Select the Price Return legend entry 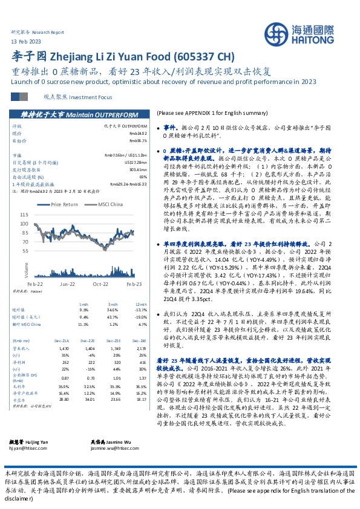pos(65,204)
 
